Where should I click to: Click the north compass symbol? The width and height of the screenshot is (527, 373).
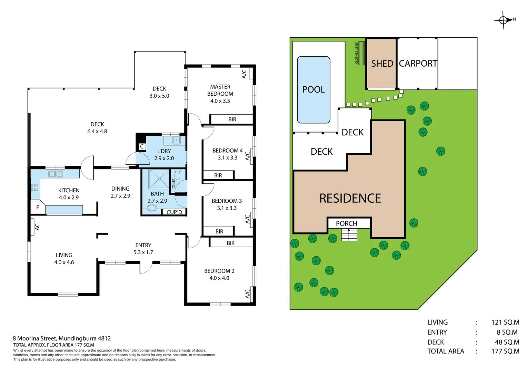(503, 20)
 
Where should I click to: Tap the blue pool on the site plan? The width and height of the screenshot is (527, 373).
(314, 90)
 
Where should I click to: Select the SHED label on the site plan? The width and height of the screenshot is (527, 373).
(382, 64)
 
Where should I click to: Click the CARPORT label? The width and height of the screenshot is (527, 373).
(418, 64)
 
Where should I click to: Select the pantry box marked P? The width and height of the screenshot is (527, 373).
(38, 207)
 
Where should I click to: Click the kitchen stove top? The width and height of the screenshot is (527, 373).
(35, 188)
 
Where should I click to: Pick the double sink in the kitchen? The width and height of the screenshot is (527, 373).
(55, 174)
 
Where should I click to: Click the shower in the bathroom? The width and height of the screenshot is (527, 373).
(159, 179)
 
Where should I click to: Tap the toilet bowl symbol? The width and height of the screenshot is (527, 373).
(178, 175)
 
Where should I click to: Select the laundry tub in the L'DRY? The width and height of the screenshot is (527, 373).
(176, 140)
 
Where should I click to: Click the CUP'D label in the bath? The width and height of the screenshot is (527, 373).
(174, 212)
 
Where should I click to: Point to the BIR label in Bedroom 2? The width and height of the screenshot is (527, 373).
(231, 243)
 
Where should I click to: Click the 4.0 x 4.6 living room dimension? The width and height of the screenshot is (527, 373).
(64, 262)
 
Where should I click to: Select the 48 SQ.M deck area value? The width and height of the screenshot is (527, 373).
(507, 342)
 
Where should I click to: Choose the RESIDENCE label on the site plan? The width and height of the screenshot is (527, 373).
(350, 198)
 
